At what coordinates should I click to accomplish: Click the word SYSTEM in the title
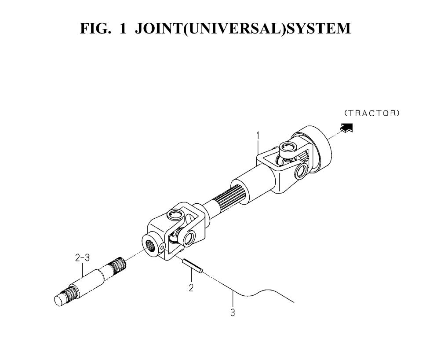click(x=319, y=28)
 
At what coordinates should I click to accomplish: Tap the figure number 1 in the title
click(x=123, y=28)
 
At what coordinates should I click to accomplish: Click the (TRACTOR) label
click(x=372, y=113)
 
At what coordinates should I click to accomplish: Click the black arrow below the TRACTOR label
click(x=346, y=128)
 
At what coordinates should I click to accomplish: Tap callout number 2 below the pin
click(x=191, y=287)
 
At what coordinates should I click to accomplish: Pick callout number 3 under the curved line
click(x=233, y=312)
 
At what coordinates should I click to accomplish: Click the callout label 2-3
click(x=83, y=257)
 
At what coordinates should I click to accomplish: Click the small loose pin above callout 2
click(x=192, y=265)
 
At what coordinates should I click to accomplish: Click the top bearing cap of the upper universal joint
click(x=288, y=147)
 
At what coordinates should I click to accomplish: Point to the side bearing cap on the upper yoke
click(x=301, y=171)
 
